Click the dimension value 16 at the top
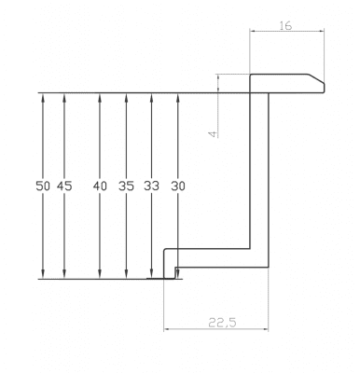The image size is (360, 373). [285, 26]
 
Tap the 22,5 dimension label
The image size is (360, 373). [222, 323]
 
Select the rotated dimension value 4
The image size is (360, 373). [214, 134]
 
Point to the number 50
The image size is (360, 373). [43, 186]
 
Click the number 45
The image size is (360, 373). [64, 186]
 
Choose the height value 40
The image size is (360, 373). [100, 186]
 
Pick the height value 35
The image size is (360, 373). [126, 186]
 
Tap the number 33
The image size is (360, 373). [151, 186]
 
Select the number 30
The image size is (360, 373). [178, 186]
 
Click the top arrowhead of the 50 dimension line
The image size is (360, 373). [43, 97]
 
